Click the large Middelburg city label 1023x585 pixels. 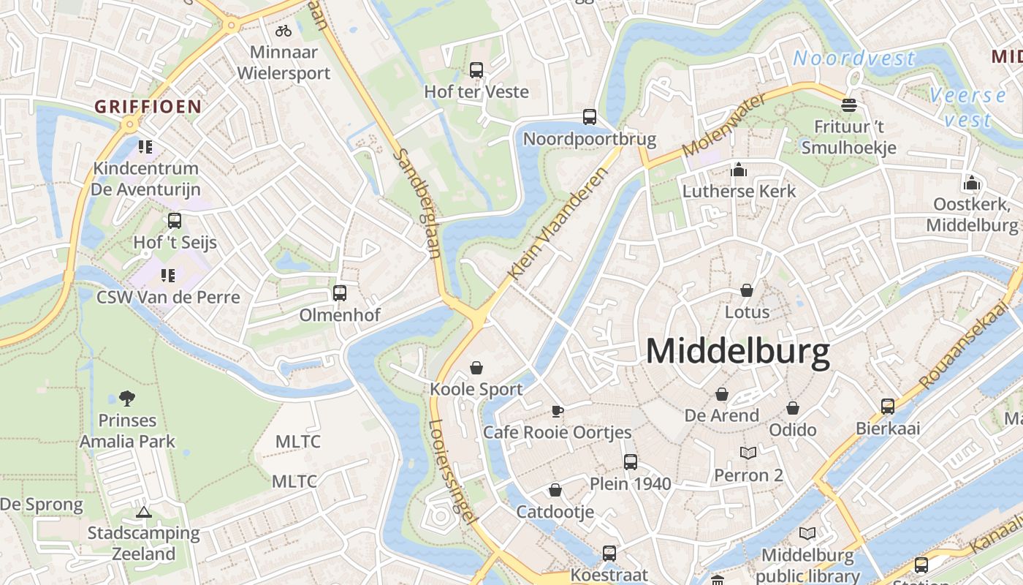[738, 352]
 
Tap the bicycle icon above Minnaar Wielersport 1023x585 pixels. [284, 31]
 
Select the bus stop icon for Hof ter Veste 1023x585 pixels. [476, 70]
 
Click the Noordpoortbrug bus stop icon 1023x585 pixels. [590, 117]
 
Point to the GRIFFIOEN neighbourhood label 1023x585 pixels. [148, 107]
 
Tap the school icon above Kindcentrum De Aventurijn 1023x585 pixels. [145, 147]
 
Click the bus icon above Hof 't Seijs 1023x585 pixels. [175, 221]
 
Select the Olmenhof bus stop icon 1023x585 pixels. [340, 293]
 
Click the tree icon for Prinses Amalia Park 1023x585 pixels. [127, 399]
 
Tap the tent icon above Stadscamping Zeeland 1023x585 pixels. [143, 512]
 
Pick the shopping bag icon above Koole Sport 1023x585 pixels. [476, 367]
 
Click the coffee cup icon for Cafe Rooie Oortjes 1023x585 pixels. [558, 411]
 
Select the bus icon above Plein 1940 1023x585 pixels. [631, 462]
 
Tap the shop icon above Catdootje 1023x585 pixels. [555, 490]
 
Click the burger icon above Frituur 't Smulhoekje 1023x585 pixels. [848, 105]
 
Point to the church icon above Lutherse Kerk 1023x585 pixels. [739, 170]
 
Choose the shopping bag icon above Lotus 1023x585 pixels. [747, 290]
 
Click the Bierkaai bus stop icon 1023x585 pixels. [888, 407]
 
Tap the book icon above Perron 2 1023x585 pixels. [748, 453]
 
